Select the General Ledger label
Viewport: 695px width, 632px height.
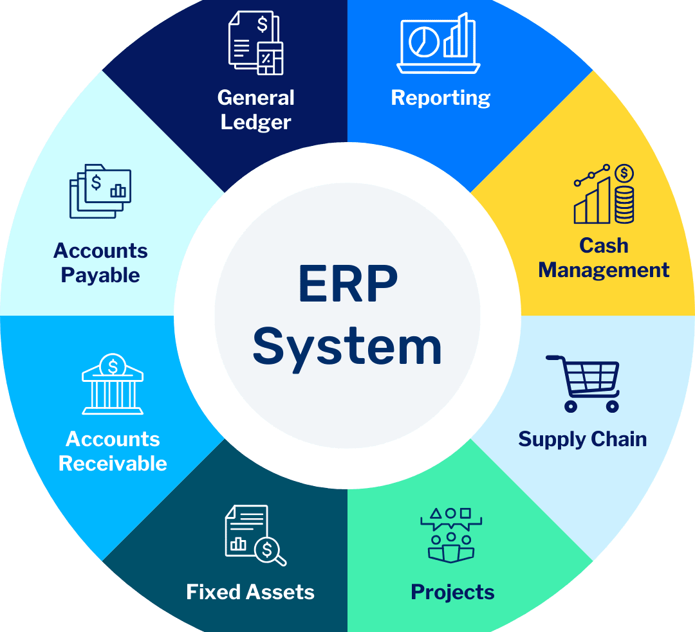[x=255, y=109]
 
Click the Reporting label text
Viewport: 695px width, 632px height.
[x=441, y=98]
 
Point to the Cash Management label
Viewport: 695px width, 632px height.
[x=604, y=257]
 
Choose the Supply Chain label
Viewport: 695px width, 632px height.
[x=582, y=439]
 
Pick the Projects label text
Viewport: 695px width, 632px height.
[x=452, y=592]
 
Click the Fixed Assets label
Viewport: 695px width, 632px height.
[x=250, y=592]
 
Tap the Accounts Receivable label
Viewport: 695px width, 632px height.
[x=113, y=451]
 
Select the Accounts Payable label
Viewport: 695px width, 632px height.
[x=100, y=262]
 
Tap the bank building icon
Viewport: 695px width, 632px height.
[x=113, y=386]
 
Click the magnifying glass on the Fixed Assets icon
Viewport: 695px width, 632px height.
[x=269, y=552]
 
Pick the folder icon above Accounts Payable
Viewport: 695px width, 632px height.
[x=101, y=191]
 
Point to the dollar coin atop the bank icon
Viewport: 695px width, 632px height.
[x=113, y=366]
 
